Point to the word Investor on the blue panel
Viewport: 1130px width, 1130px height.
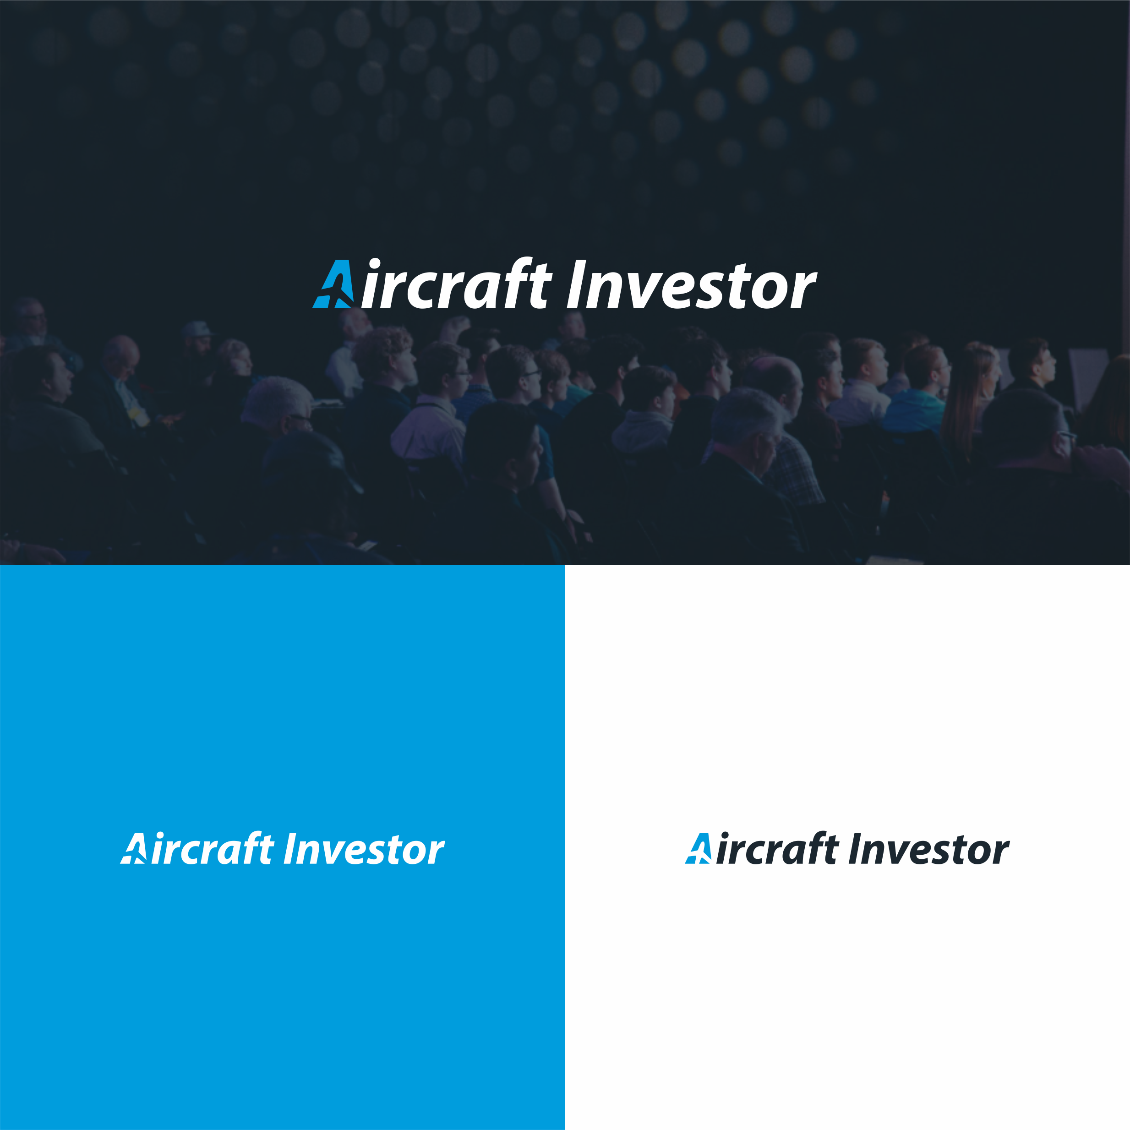[x=364, y=849]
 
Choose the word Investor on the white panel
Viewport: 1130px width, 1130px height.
[x=929, y=849]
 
